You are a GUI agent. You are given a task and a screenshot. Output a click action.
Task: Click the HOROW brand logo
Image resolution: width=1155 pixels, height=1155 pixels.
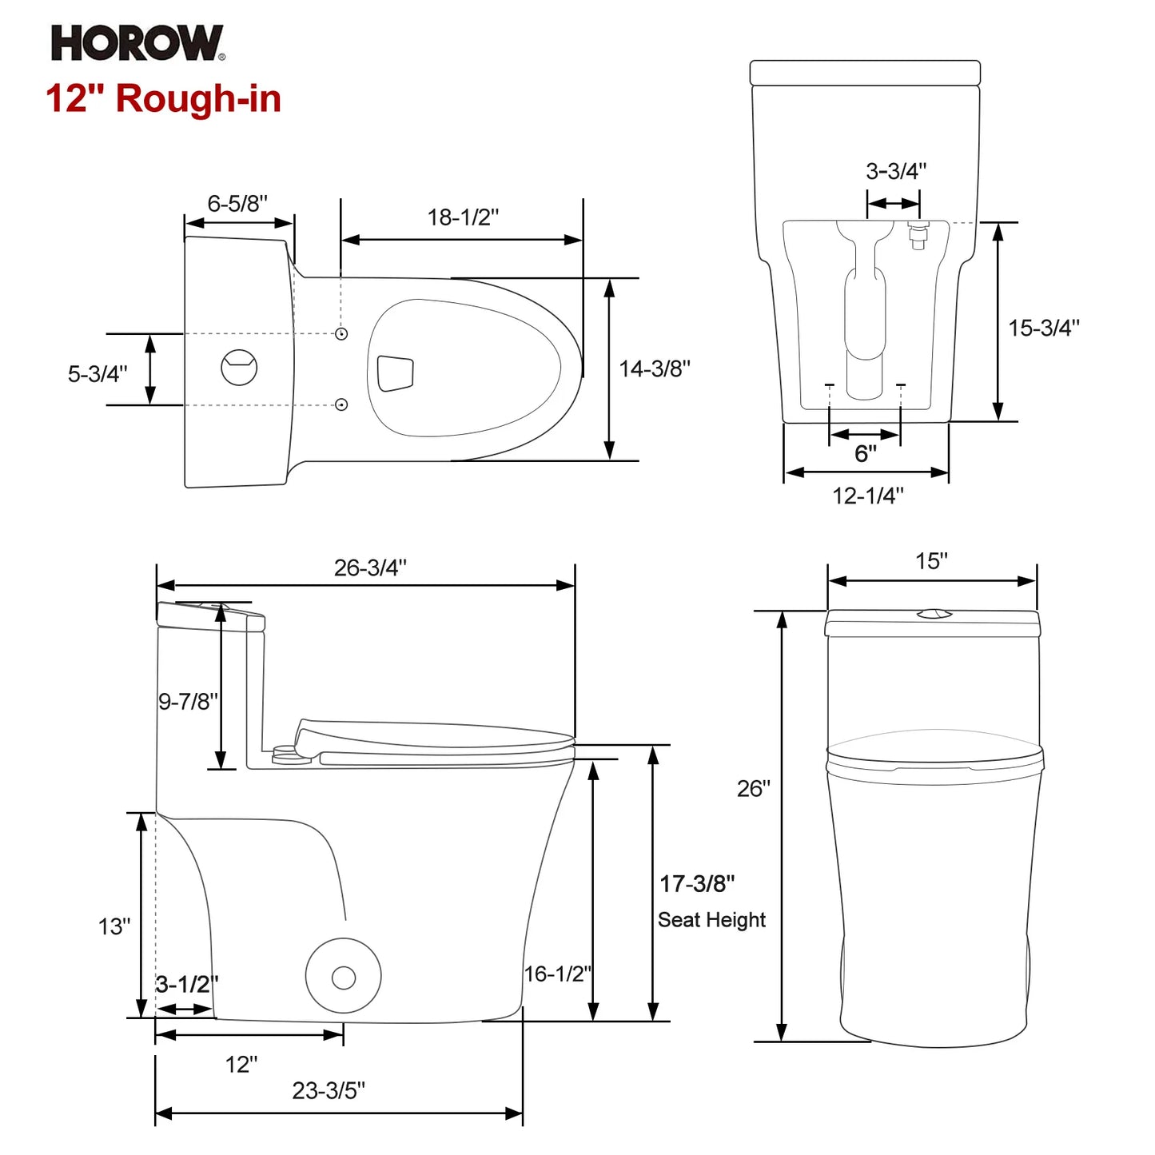point(137,43)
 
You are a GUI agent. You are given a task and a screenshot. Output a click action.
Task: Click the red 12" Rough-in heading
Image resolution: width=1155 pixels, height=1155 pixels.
point(164,99)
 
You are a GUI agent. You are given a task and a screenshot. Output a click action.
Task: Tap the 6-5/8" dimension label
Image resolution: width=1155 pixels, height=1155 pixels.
point(237,204)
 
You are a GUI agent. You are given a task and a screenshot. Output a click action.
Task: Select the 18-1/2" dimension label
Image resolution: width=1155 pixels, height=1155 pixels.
point(463,217)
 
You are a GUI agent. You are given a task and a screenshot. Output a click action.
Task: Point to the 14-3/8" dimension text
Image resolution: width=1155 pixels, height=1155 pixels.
point(655,368)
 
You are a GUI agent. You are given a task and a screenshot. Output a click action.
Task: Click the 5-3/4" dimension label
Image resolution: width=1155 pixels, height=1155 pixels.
point(98,373)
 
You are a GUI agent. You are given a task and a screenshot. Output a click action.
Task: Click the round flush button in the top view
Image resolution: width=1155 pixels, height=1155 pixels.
point(239,368)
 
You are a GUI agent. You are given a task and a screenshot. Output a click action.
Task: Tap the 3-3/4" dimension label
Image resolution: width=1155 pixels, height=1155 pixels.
point(896,171)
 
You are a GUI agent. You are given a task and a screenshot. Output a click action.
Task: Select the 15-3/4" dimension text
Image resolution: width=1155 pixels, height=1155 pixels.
point(1043,328)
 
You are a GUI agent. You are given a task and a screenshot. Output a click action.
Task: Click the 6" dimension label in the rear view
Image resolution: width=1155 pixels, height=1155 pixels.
point(865,454)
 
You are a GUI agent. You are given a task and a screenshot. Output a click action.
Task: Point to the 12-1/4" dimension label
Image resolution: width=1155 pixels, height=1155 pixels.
point(868,496)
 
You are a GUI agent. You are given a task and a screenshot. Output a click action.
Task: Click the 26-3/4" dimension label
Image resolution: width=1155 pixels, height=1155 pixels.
point(370,568)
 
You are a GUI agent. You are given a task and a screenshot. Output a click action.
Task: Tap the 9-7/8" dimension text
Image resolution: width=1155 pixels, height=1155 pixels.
point(188,701)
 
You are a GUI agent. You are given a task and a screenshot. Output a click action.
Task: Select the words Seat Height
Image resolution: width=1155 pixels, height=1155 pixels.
point(711,920)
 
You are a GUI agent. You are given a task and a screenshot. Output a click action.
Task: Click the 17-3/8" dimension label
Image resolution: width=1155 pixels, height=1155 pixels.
point(697,883)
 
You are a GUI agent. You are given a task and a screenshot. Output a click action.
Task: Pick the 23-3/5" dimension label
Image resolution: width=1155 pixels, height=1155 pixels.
point(329,1090)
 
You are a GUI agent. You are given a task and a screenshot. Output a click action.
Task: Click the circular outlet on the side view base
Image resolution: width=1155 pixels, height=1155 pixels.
point(344,977)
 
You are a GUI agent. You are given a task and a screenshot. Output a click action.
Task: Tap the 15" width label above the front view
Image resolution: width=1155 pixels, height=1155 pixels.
point(931,561)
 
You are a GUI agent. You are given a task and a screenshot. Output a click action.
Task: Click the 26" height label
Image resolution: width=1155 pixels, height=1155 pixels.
point(753,789)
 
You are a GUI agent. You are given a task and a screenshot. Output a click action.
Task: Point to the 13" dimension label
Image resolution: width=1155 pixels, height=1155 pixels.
point(114,926)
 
